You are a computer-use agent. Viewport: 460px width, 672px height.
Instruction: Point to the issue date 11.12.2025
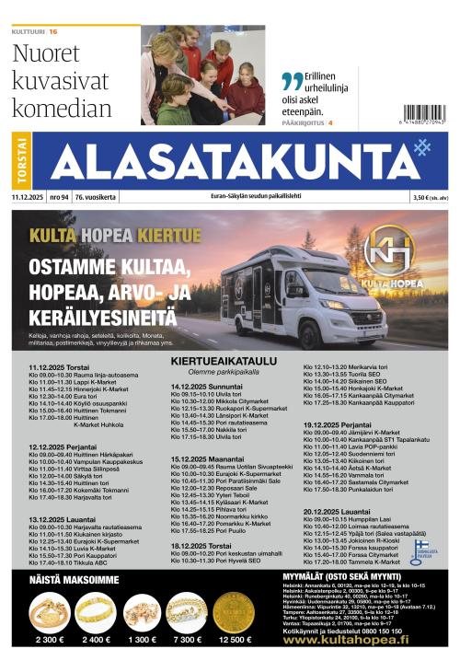(x=28, y=197)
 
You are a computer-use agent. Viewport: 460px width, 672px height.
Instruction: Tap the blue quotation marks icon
(x=292, y=81)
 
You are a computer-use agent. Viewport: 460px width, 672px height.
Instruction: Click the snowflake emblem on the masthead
(x=422, y=147)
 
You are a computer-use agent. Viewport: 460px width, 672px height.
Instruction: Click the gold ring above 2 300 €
(x=49, y=611)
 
